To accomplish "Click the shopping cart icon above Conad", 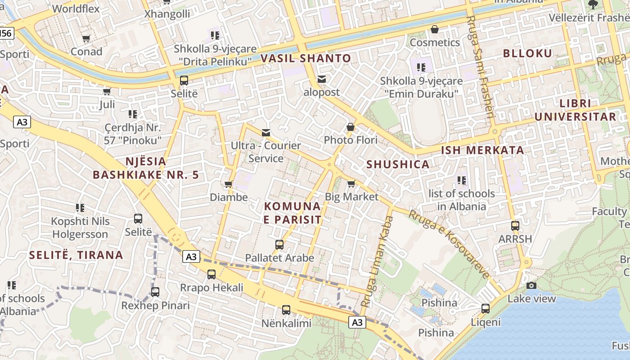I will point(86,39).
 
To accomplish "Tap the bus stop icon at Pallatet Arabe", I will point(279,245).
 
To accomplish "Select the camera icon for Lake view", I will point(531,285).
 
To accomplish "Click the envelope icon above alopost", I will point(322,79).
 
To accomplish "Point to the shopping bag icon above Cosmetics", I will point(435,29).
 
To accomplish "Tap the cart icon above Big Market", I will point(351,184).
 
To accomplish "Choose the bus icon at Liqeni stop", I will point(486,309).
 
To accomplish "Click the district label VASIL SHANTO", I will point(306,58).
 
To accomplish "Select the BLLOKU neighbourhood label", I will point(527,54).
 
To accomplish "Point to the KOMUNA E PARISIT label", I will point(292,213).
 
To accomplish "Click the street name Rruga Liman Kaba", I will point(378,261).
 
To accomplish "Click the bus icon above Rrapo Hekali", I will point(211,274).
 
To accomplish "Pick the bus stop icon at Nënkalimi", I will point(286,310).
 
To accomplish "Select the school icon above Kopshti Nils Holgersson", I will point(80,208).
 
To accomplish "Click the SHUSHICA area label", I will point(398,164).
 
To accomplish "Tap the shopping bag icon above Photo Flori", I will point(351,127).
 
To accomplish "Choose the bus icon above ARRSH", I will point(515,226).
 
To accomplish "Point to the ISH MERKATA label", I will point(482,150).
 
